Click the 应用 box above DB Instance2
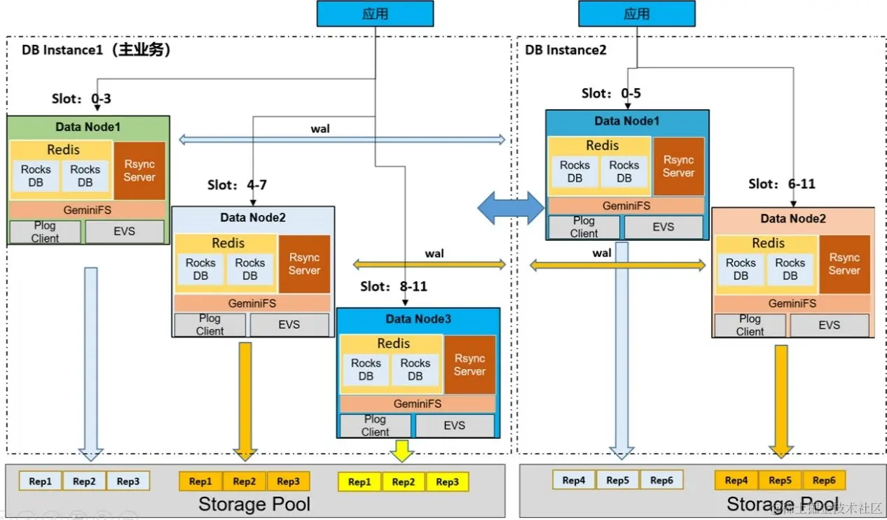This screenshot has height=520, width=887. point(637,14)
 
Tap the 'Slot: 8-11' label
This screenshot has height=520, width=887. point(394,286)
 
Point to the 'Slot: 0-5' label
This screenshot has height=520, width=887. point(611,93)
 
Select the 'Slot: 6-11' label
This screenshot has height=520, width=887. point(782,184)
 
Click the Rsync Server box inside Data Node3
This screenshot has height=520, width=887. point(469,365)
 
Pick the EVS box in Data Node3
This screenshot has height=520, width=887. point(454,426)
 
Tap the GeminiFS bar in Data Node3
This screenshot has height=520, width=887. point(418,404)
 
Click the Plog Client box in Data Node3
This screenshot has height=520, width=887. point(375,426)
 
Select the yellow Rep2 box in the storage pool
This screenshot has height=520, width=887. point(404,482)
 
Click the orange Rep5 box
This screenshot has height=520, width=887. point(780,480)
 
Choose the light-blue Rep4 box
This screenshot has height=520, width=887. point(574,480)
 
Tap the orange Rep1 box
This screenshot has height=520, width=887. point(200,482)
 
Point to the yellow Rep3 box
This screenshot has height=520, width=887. point(447,482)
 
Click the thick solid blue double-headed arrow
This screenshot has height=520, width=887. point(511,208)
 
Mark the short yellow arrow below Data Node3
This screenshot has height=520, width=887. point(402,451)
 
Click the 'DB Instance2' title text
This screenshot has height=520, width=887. point(565,50)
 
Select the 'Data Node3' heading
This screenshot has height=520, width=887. point(418,319)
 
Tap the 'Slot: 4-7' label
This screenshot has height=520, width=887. point(237,185)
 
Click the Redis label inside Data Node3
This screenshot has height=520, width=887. point(393,343)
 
